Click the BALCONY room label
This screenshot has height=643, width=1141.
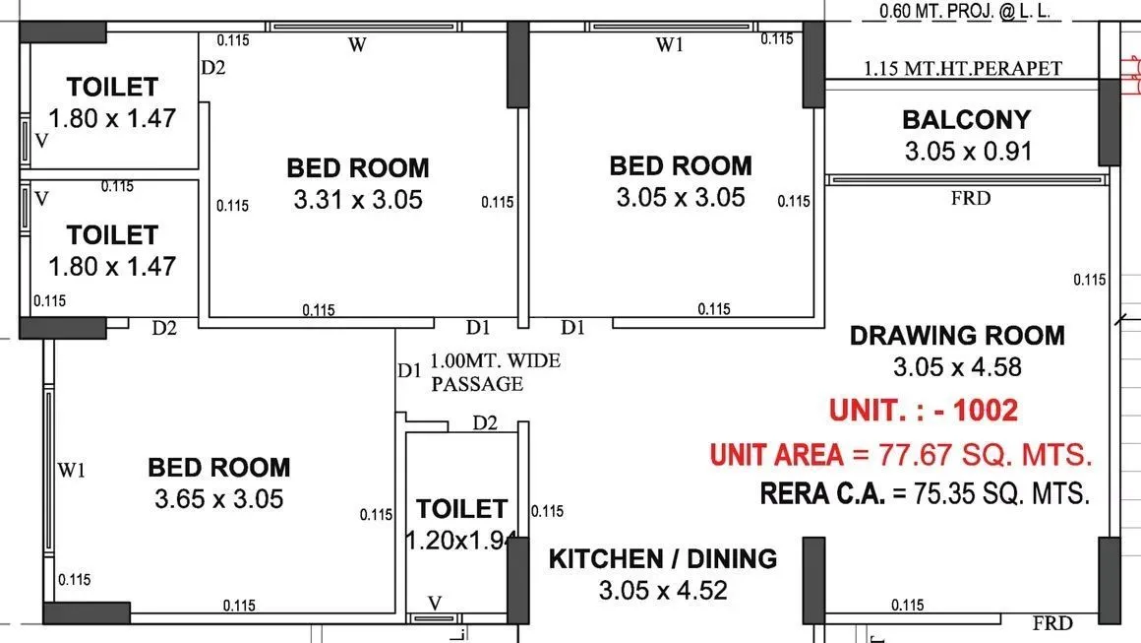[x=966, y=120]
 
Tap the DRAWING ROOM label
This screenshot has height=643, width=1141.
[x=957, y=335]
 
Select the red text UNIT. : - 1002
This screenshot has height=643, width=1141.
[x=923, y=410]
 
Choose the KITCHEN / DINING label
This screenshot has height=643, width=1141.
[x=662, y=559]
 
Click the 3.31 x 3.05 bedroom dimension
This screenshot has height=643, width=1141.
[x=358, y=200]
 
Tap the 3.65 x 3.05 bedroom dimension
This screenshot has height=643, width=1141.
[x=218, y=499]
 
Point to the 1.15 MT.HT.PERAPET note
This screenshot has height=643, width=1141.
[x=963, y=68]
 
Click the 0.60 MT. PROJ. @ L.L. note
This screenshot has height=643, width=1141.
[x=961, y=13]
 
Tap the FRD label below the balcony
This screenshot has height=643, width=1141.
[x=971, y=198]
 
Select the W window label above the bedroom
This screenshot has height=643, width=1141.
[x=358, y=46]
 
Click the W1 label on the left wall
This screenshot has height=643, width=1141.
[x=71, y=470]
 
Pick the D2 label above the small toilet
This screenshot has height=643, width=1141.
[x=484, y=423]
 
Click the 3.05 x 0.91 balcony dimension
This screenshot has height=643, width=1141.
[x=968, y=152]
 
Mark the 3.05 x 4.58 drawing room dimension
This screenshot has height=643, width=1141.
[x=957, y=367]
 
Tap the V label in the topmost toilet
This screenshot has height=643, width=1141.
[x=41, y=140]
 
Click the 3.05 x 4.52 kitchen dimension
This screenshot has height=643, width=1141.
[x=662, y=591]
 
